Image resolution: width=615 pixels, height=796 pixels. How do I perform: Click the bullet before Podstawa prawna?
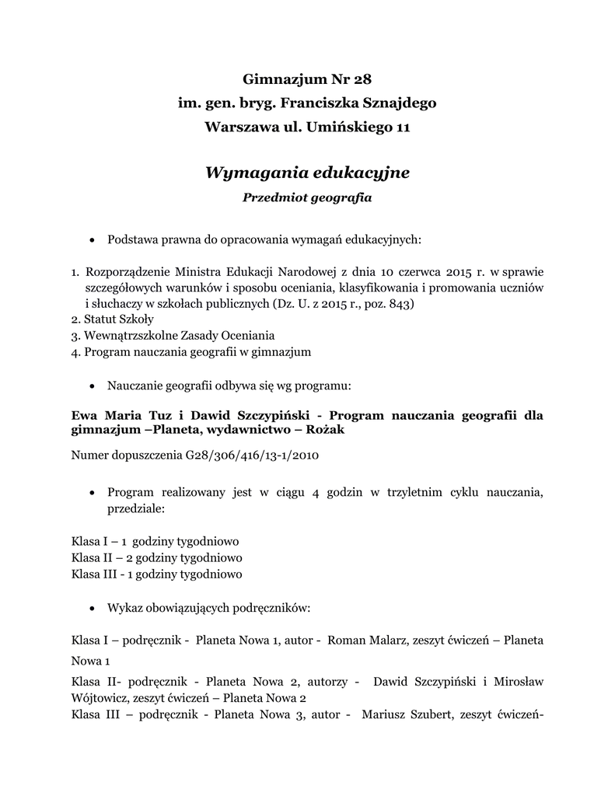click(93, 240)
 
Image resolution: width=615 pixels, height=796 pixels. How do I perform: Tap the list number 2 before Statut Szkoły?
click(74, 319)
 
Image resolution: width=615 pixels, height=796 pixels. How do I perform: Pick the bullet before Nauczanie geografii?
click(93, 386)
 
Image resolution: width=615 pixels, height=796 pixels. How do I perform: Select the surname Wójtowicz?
click(101, 698)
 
